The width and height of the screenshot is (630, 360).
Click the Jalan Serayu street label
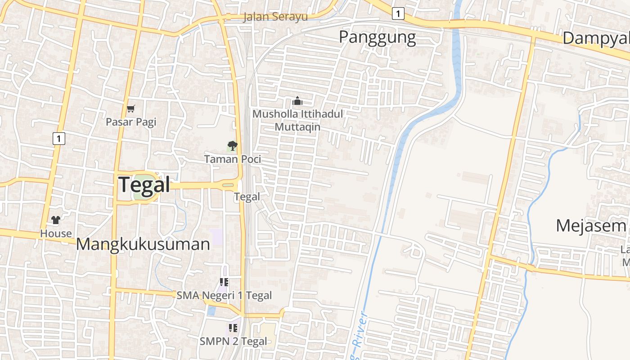coord(275,17)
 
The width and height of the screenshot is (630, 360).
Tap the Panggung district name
coord(377,37)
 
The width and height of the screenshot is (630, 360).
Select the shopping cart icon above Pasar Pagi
coord(131,108)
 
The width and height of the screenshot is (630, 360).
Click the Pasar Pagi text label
coord(131,121)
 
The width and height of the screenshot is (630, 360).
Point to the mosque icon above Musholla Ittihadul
coord(297,101)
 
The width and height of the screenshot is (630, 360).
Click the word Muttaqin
coord(297,127)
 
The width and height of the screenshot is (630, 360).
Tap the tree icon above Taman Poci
coord(232,146)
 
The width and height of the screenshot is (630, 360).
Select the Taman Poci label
coord(232,159)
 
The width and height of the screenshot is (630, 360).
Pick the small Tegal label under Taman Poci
coord(247,197)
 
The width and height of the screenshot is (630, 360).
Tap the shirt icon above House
coord(56,220)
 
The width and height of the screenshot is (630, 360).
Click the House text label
coord(56,233)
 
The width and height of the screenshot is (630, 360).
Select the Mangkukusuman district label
coord(143,244)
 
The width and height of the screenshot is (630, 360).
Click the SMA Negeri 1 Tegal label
coord(224,296)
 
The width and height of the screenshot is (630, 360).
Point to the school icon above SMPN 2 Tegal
coord(233,328)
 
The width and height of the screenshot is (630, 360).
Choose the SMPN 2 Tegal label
coord(233,341)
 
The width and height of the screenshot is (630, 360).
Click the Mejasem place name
coord(590,225)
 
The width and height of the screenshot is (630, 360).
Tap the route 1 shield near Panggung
coord(397,14)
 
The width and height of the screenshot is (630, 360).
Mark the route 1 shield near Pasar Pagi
coord(58,138)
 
